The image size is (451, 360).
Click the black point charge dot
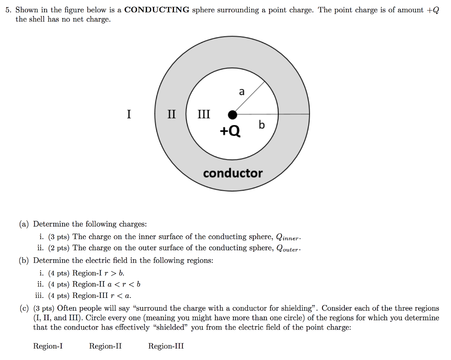(233, 115)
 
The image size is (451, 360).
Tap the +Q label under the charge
(230, 131)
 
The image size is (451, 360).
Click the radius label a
(241, 92)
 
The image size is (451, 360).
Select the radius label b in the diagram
(262, 125)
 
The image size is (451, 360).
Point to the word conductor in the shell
(233, 173)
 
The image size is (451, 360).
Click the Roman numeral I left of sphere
(129, 114)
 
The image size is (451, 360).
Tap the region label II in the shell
(171, 114)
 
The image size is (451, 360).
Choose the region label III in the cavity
(203, 114)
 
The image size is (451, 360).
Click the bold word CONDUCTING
(157, 10)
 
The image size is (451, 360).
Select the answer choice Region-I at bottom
(48, 346)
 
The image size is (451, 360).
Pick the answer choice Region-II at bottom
(105, 346)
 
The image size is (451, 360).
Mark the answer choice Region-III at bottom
(166, 346)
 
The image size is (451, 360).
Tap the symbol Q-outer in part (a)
(288, 249)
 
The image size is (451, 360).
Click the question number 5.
(8, 10)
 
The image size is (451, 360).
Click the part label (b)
(24, 261)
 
